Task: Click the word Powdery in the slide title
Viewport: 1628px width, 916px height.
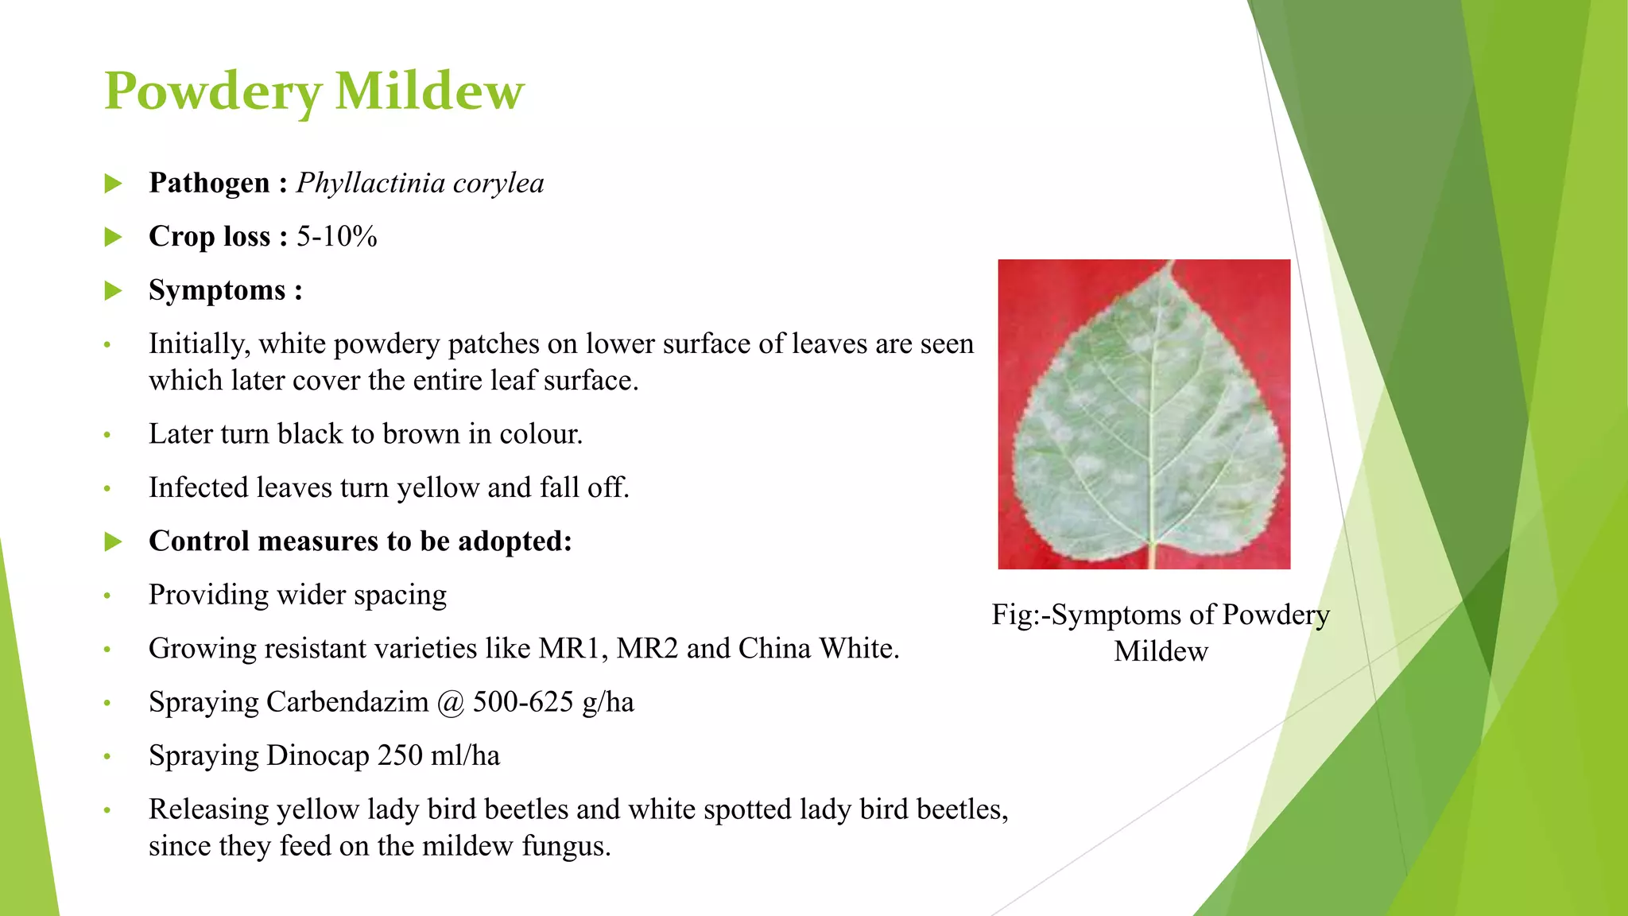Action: (x=213, y=92)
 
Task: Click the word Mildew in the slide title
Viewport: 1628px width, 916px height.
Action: (x=429, y=91)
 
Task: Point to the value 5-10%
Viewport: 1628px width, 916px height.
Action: (x=337, y=237)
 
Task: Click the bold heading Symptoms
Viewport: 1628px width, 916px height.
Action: (x=217, y=290)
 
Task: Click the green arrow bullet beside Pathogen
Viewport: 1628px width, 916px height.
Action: (x=114, y=184)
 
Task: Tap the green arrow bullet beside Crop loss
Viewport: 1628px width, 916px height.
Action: (x=114, y=237)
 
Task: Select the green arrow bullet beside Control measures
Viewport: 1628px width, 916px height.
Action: (x=114, y=542)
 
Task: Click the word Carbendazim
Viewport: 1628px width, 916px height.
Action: (x=347, y=702)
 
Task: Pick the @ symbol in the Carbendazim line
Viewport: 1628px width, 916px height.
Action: (x=451, y=703)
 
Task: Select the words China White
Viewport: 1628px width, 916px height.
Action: (x=818, y=649)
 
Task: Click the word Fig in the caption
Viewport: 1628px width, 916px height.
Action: (x=1010, y=615)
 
